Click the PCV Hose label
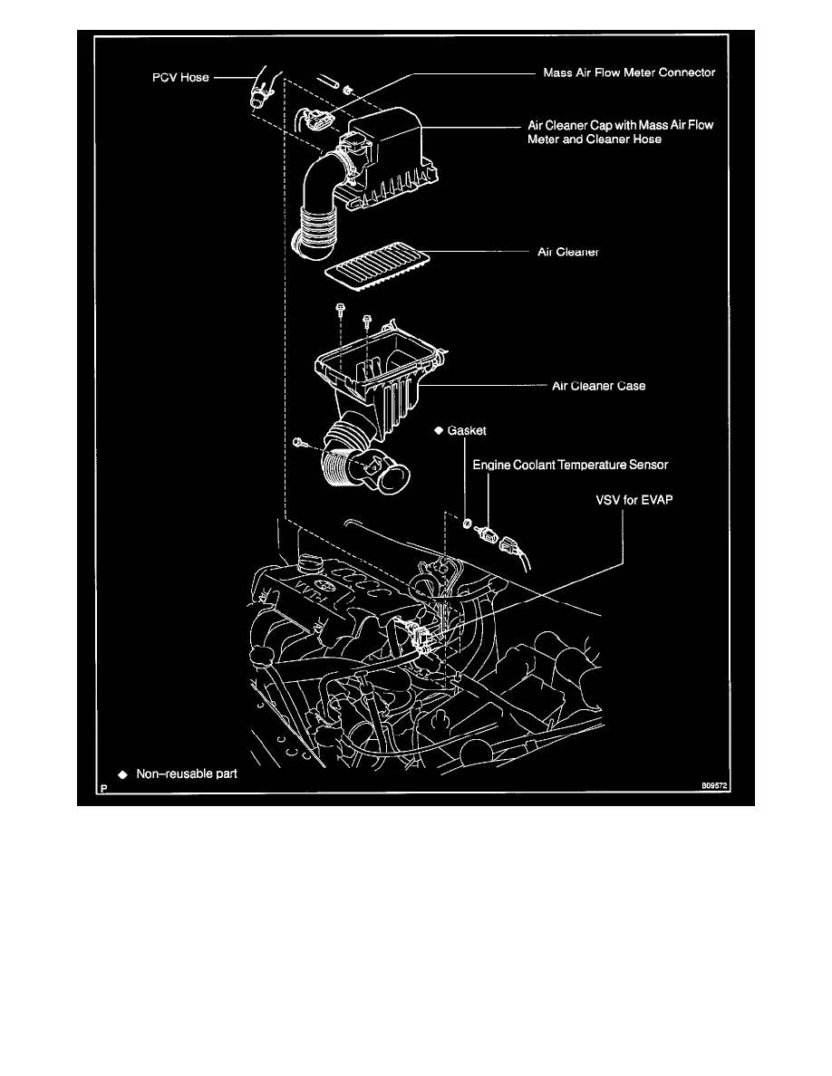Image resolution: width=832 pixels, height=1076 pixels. pyautogui.click(x=179, y=78)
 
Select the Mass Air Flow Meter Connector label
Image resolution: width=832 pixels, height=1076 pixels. pyautogui.click(x=628, y=73)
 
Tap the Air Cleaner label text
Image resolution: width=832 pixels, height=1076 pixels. pyautogui.click(x=563, y=254)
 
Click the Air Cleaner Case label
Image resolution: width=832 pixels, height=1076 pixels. pyautogui.click(x=599, y=386)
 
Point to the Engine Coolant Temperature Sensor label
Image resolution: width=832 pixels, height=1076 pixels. pyautogui.click(x=570, y=465)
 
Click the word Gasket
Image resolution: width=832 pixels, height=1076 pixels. pyautogui.click(x=469, y=431)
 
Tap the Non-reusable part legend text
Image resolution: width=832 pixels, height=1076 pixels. pyautogui.click(x=187, y=774)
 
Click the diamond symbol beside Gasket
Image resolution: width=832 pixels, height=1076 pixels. pyautogui.click(x=439, y=431)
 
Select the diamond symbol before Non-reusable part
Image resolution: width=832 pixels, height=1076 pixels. pyautogui.click(x=122, y=775)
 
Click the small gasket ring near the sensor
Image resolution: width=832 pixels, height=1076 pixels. pyautogui.click(x=466, y=523)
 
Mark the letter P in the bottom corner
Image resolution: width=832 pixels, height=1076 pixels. pyautogui.click(x=105, y=788)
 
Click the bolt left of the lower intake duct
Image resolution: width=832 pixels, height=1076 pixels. pyautogui.click(x=299, y=442)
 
